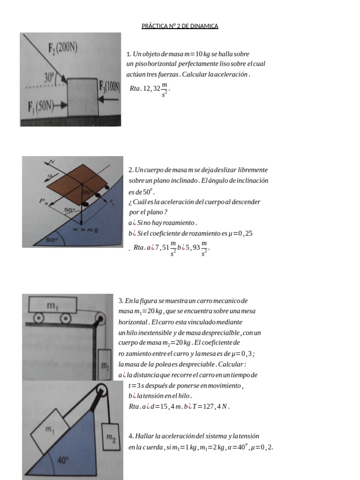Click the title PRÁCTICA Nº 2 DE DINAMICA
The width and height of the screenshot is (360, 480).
180,26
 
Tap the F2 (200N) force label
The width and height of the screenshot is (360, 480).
63,48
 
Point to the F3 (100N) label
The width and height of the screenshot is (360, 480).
109,87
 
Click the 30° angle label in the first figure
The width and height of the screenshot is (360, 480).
49,77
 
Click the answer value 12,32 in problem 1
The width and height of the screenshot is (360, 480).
151,89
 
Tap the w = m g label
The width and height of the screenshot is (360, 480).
86,229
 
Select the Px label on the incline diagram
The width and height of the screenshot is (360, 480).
43,201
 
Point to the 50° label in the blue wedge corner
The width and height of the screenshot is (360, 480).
52,240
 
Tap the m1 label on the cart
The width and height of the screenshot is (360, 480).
52,305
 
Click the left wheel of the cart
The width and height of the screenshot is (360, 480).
38,318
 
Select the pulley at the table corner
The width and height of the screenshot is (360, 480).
100,317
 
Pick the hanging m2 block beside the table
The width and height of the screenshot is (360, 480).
105,365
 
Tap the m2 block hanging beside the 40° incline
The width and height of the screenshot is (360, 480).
111,437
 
